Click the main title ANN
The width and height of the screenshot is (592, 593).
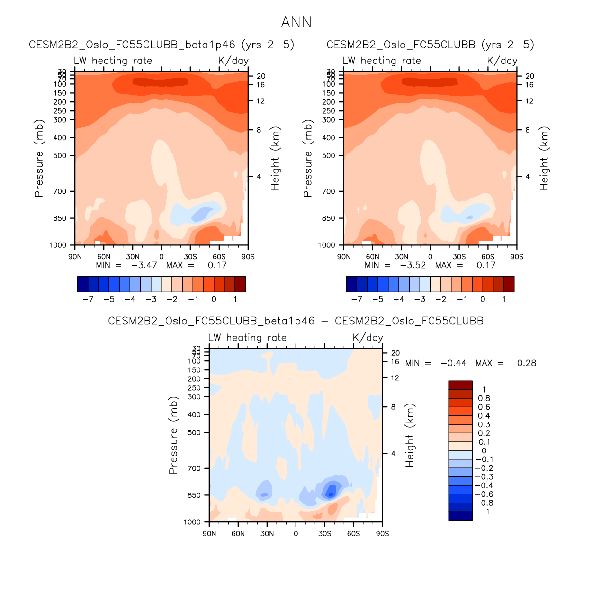pyautogui.click(x=296, y=22)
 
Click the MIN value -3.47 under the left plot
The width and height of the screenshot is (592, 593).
pyautogui.click(x=144, y=265)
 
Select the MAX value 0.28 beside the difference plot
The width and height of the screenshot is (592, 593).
pyautogui.click(x=526, y=363)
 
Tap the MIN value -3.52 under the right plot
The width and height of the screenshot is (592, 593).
pyautogui.click(x=413, y=265)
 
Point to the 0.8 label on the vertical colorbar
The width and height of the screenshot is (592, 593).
pyautogui.click(x=484, y=398)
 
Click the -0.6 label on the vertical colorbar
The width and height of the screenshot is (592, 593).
pyautogui.click(x=484, y=494)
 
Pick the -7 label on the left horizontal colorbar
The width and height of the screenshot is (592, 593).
pyautogui.click(x=88, y=299)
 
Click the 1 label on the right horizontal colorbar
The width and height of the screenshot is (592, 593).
pyautogui.click(x=504, y=299)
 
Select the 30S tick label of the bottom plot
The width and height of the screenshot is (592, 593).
pyautogui.click(x=324, y=534)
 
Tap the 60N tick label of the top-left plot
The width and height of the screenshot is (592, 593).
pyautogui.click(x=104, y=257)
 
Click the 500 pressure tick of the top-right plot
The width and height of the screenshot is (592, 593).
pyautogui.click(x=328, y=155)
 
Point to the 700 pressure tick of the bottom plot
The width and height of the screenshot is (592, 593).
pyautogui.click(x=194, y=468)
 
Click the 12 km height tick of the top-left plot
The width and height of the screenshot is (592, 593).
pyautogui.click(x=260, y=101)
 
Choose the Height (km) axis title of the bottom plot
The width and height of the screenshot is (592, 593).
pyautogui.click(x=410, y=435)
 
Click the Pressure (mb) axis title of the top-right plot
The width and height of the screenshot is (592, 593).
pyautogui.click(x=308, y=158)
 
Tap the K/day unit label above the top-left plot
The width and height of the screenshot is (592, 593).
pyautogui.click(x=233, y=61)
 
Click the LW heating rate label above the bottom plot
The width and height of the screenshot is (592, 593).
pyautogui.click(x=247, y=338)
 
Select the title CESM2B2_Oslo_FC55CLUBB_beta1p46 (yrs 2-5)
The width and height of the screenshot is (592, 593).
pyautogui.click(x=161, y=45)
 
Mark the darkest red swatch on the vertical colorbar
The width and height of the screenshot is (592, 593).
pyautogui.click(x=460, y=385)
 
